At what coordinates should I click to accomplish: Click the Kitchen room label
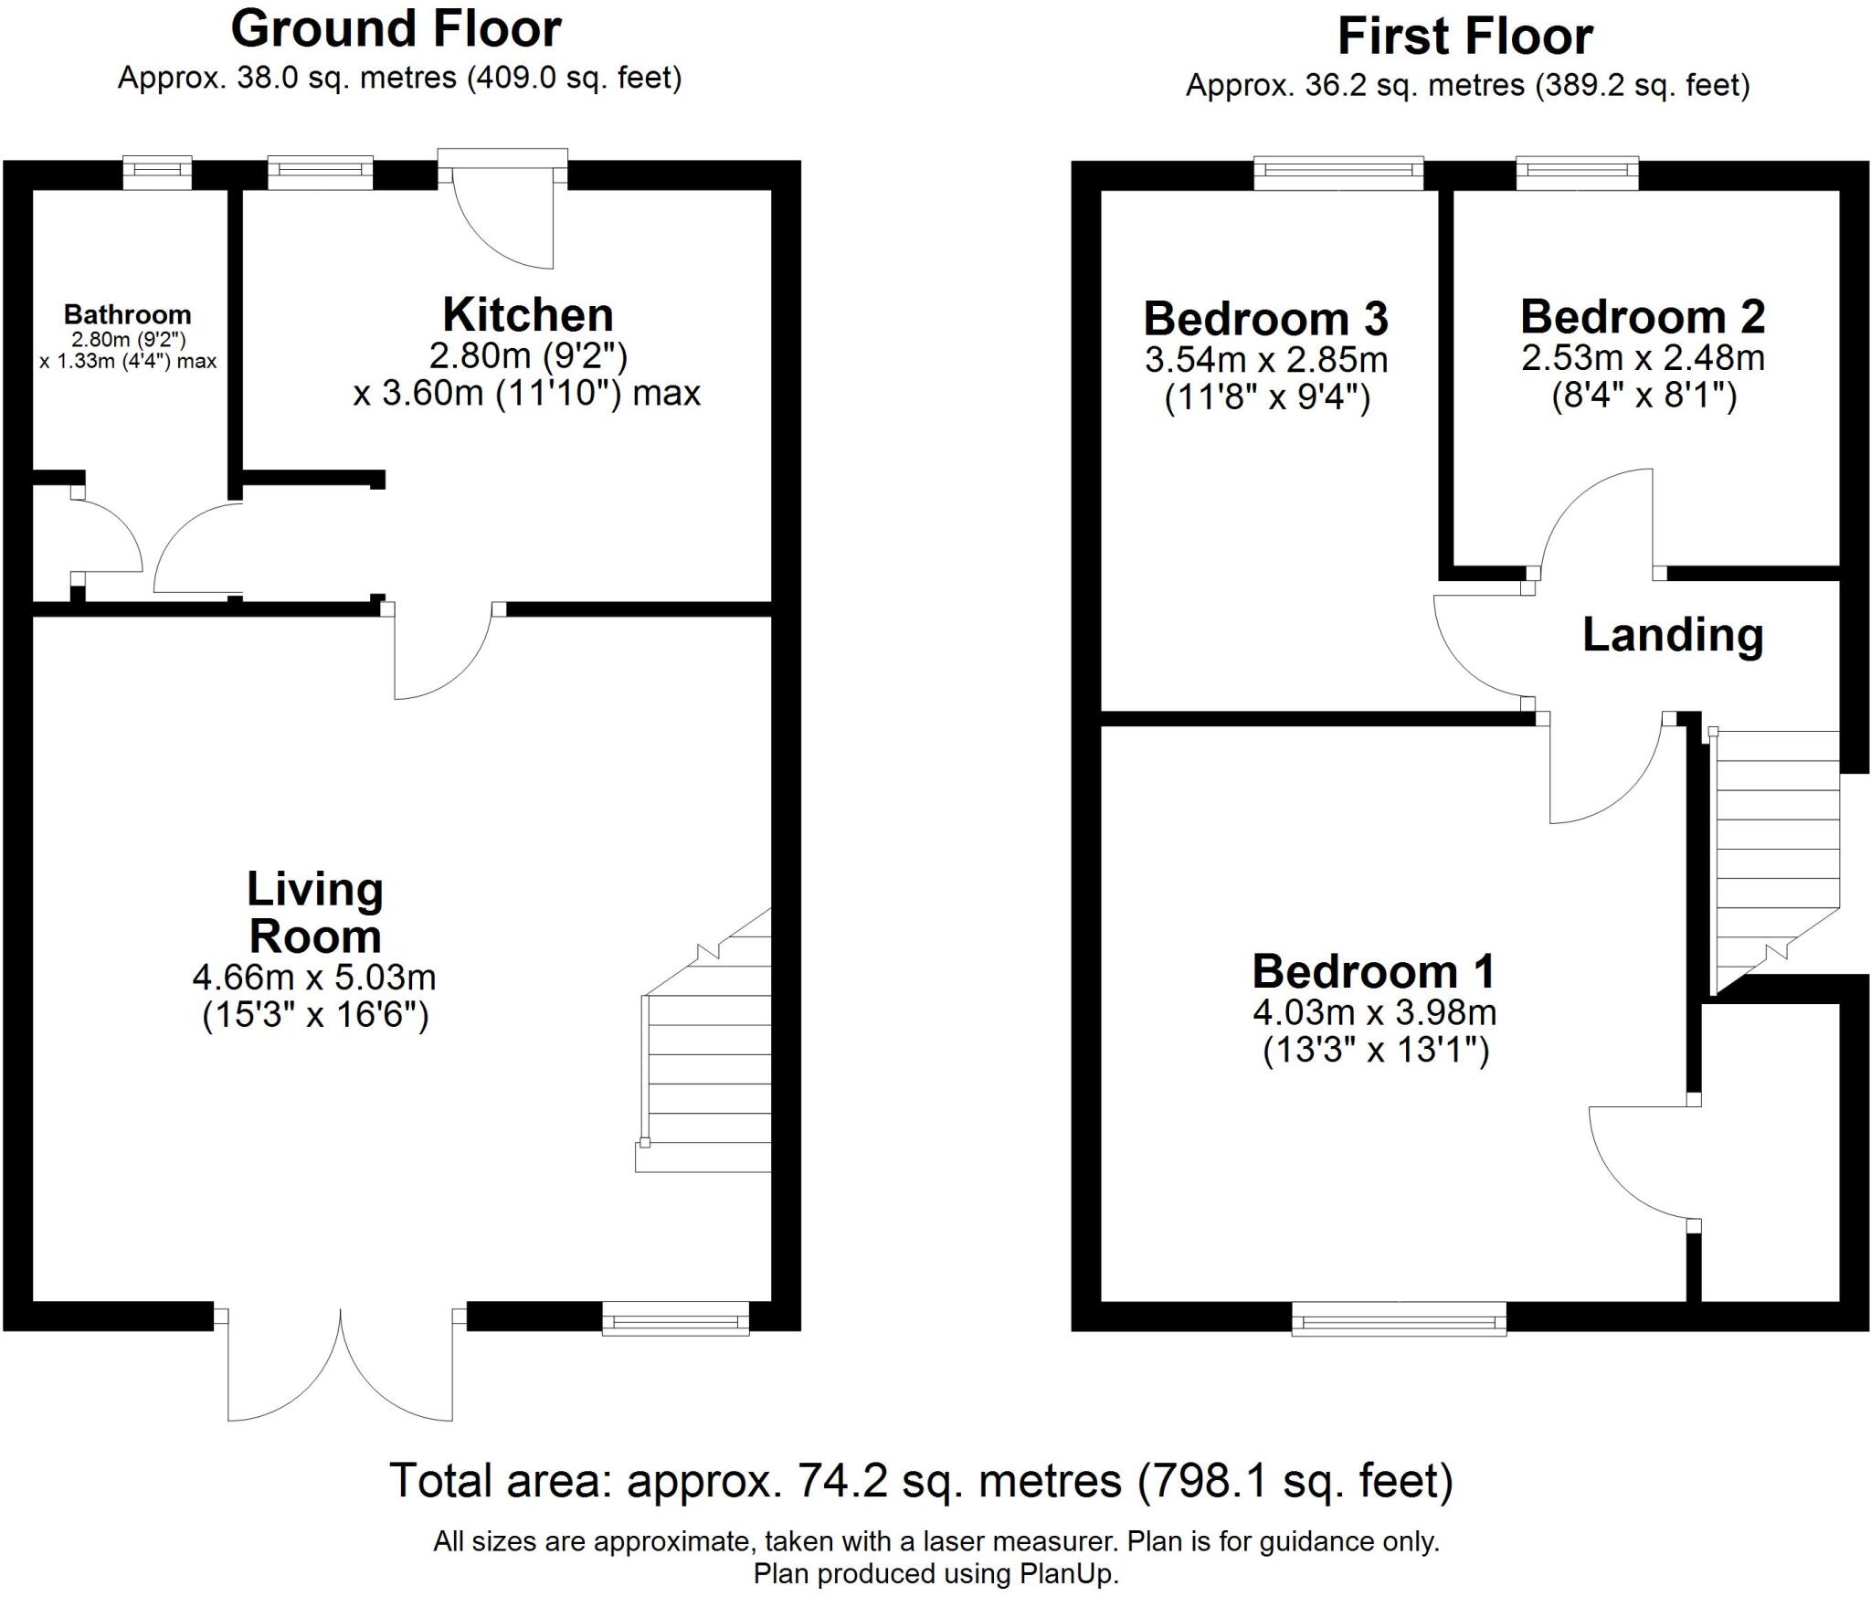coord(527,315)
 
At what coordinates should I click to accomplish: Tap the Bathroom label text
coord(127,315)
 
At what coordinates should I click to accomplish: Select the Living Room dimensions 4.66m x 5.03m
coord(314,978)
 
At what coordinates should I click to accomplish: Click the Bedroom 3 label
coord(1265,319)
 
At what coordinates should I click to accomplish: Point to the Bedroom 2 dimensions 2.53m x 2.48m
coord(1643,357)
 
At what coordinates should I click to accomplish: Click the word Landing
coord(1672,635)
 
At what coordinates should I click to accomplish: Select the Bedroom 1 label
coord(1373,971)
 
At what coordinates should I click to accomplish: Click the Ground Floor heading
coord(396,29)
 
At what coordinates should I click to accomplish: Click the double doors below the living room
coord(341,1366)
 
